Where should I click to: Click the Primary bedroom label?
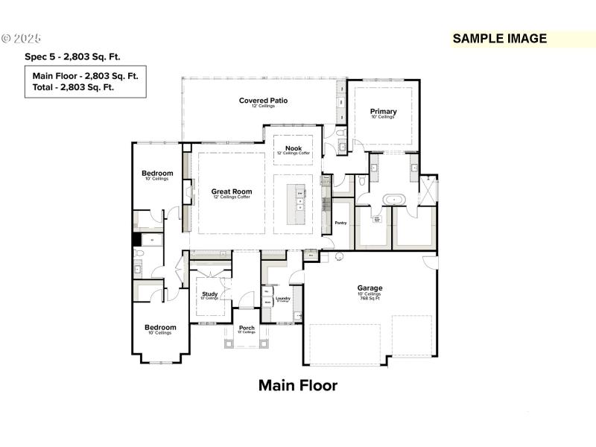(x=384, y=112)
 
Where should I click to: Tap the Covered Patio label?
(x=263, y=101)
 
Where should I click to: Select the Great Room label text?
(x=232, y=191)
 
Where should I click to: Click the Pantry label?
(x=341, y=222)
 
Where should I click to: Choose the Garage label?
(x=370, y=288)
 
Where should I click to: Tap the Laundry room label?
(x=282, y=299)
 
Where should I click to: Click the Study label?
(x=210, y=294)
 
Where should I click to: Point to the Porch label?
(x=247, y=328)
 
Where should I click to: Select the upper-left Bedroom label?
(x=157, y=174)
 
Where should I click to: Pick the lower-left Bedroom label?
(x=160, y=327)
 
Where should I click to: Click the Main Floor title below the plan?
(x=298, y=386)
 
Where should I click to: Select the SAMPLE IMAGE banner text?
(x=499, y=39)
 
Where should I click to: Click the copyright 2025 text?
(x=22, y=38)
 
